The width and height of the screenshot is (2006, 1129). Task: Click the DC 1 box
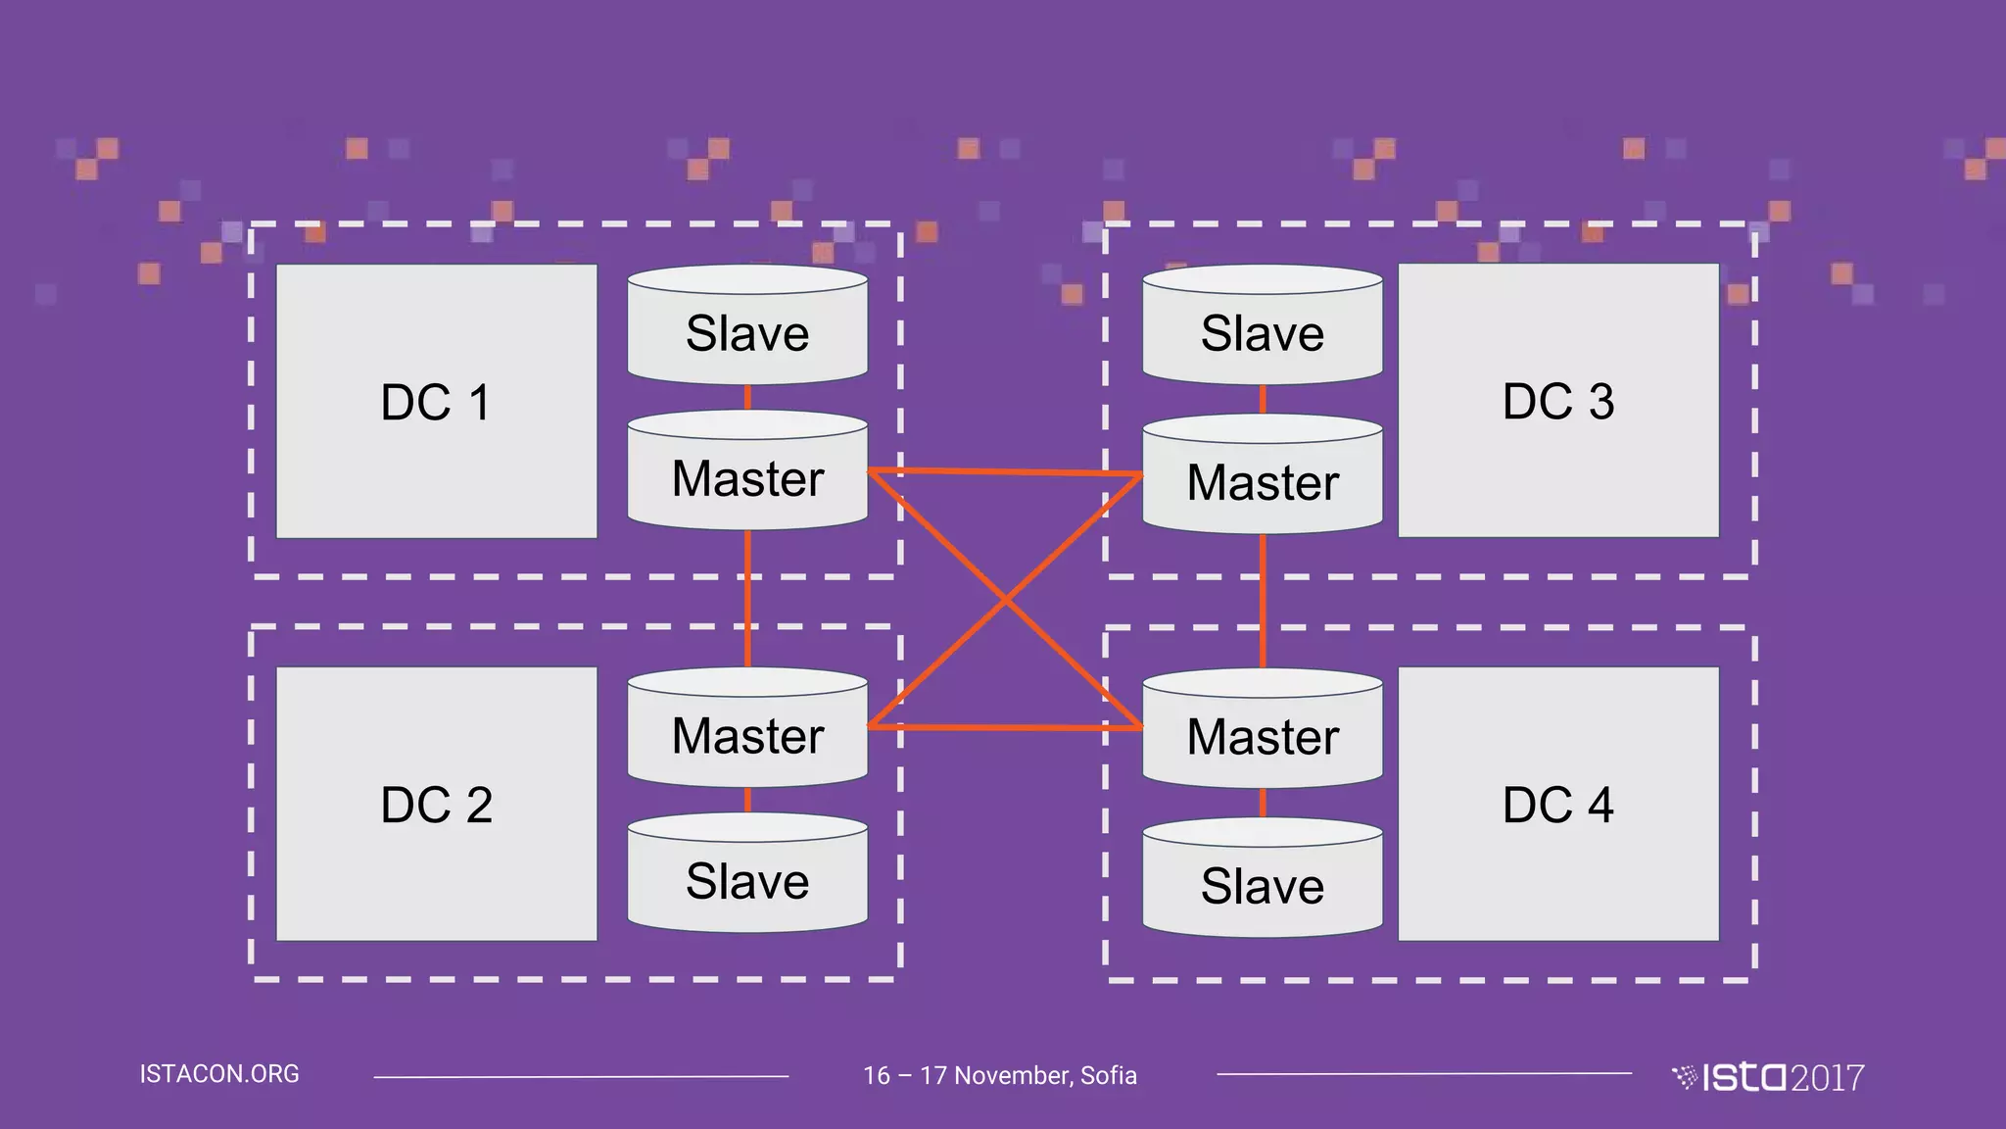[x=436, y=401]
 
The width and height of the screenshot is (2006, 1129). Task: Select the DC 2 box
[x=436, y=804]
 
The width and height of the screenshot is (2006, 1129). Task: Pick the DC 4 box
[x=1557, y=804]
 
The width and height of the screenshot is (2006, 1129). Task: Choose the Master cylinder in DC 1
[x=747, y=477]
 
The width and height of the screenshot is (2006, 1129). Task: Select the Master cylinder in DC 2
[x=747, y=734]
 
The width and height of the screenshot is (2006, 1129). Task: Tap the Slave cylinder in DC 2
[x=747, y=879]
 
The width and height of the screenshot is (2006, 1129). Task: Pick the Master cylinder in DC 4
[x=1263, y=735]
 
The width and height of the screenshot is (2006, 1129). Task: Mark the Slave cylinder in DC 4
[x=1263, y=884]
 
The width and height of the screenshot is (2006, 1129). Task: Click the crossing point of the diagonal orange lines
[x=1005, y=600]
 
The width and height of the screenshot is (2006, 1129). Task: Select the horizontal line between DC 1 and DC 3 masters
[x=1005, y=472]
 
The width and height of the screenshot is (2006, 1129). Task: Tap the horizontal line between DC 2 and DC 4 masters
[x=1005, y=727]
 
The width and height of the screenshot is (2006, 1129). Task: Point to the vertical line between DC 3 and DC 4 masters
[x=1263, y=600]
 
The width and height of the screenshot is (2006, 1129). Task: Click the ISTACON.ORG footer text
[x=219, y=1074]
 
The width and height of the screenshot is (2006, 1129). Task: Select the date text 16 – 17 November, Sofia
[x=1000, y=1075]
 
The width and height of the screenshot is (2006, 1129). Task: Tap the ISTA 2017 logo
[x=1768, y=1077]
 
